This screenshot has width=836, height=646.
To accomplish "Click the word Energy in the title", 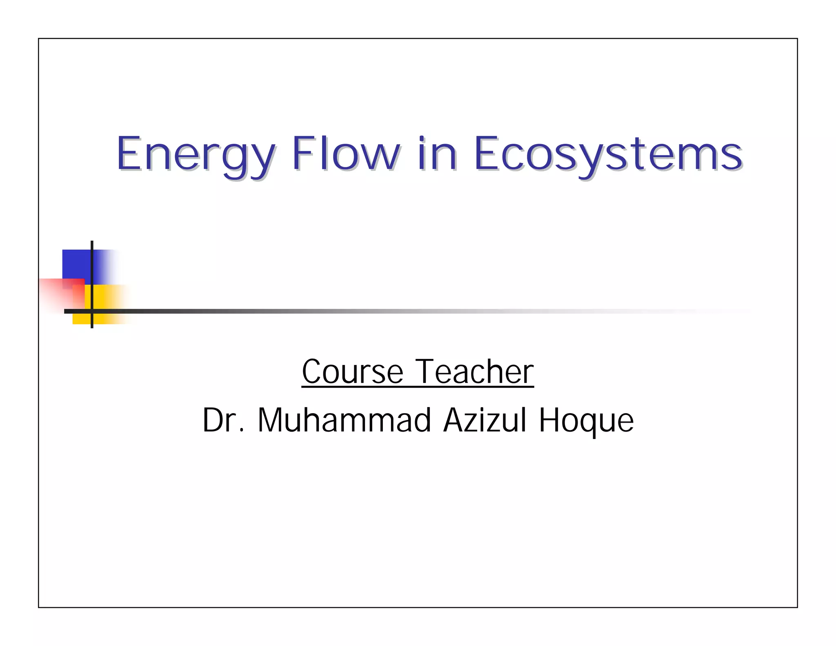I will click(196, 155).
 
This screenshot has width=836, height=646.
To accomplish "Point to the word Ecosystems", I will click(608, 155).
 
